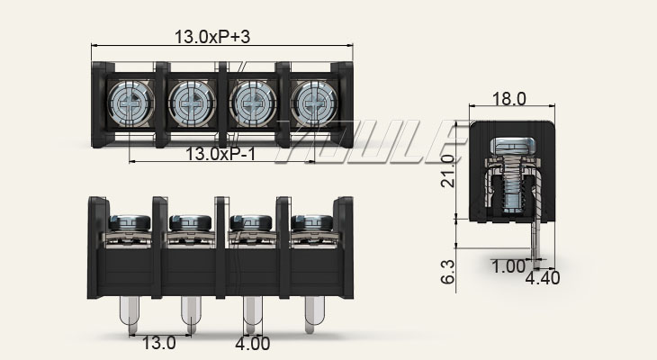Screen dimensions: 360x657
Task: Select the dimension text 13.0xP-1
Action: coord(220,154)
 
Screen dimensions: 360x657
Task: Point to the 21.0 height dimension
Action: coord(448,169)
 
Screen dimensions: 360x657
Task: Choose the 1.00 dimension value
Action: coord(508,266)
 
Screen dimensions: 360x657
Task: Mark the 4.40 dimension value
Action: coord(542,278)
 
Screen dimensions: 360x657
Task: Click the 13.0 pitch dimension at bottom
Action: coord(158,343)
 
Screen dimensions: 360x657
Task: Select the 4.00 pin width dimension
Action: coord(253,343)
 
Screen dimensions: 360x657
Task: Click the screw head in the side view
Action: coord(509,145)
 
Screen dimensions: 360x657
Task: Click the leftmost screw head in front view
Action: coord(129,220)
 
